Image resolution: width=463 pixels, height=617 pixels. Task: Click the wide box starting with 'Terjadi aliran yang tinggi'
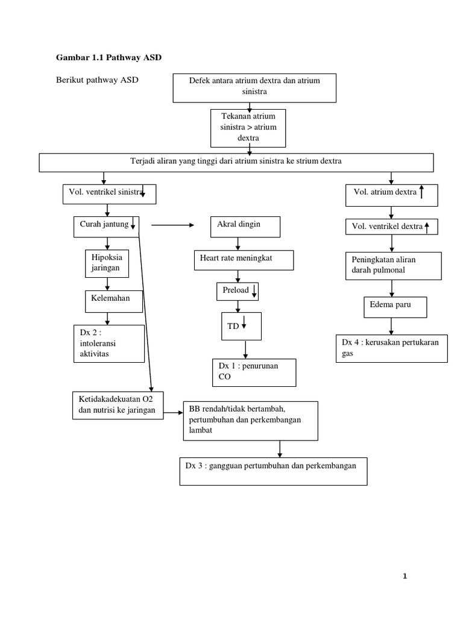point(236,162)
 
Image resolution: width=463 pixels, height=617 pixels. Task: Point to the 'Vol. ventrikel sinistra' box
point(109,193)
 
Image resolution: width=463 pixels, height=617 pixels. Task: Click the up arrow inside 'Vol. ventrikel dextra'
point(427,227)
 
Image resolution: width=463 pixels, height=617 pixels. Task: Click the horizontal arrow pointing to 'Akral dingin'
point(172,225)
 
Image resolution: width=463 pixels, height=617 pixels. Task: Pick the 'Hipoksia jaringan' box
point(107,263)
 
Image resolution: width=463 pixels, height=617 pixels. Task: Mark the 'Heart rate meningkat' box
point(244,260)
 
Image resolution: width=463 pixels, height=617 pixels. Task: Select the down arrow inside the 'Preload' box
point(254,292)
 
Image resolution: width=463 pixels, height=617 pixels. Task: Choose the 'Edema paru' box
point(395,307)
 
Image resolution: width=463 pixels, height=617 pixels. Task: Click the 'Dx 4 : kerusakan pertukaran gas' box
point(391,349)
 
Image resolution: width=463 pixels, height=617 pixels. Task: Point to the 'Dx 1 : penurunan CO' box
point(253,372)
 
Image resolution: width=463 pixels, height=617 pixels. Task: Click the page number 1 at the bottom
point(405,577)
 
